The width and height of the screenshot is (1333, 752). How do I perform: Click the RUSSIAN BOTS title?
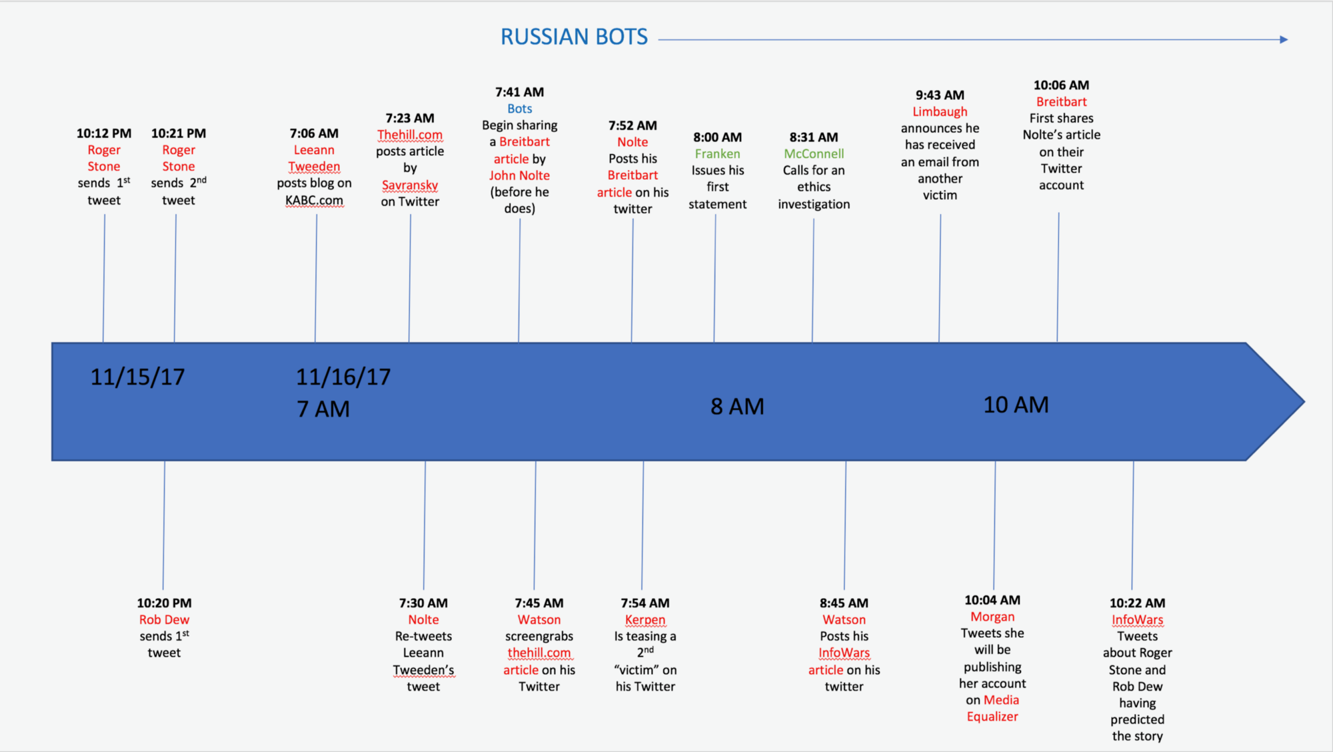(574, 37)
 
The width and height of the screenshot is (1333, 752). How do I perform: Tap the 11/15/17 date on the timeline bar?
(137, 377)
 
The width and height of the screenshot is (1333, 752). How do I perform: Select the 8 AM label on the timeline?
(737, 407)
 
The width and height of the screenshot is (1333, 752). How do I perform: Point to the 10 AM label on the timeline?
(1016, 405)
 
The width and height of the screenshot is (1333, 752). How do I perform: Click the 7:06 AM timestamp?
(314, 133)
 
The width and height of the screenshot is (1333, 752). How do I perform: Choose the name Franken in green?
(717, 154)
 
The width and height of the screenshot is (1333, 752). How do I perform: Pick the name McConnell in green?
(814, 154)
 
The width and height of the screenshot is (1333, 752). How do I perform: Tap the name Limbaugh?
(940, 112)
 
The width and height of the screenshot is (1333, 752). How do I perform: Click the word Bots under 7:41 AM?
(519, 109)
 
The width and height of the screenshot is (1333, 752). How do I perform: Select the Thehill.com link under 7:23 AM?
(410, 135)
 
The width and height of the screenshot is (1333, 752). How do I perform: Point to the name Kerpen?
(645, 620)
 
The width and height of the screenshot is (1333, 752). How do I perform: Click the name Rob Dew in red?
(164, 620)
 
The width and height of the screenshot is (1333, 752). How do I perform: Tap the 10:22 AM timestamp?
(1137, 603)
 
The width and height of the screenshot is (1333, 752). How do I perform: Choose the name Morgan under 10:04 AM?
(992, 617)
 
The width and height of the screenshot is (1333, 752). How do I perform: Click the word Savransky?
(410, 185)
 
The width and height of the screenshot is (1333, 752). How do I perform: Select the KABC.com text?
(314, 201)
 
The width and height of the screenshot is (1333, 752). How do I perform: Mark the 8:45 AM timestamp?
(844, 603)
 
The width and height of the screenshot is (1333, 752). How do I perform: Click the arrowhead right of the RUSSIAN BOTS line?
(1284, 40)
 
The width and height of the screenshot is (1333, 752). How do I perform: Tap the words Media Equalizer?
(993, 709)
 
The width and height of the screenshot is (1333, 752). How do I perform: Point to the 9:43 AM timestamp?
(940, 95)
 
